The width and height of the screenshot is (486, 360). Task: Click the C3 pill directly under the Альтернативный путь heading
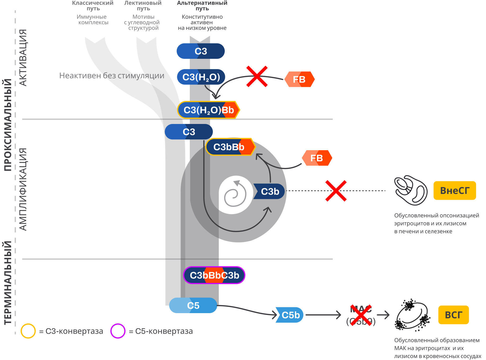200,51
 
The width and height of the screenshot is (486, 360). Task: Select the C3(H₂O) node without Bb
201,77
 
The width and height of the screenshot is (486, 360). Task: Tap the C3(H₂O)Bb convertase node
209,110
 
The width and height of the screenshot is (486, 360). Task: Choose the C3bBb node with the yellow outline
230,147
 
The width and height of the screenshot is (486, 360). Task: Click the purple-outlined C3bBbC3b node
214,275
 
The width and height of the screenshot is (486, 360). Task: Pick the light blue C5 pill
193,305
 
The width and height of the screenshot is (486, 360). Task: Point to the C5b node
290,315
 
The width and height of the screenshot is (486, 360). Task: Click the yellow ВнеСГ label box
454,190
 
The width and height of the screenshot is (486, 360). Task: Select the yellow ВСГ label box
453,315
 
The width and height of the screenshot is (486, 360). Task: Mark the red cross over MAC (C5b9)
361,315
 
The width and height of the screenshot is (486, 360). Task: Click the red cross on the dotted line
336,191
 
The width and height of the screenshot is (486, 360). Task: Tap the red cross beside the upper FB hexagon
257,77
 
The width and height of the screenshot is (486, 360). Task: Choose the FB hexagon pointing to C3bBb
317,158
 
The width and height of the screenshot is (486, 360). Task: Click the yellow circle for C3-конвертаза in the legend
28,331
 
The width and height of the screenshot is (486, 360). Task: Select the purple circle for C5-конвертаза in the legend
118,331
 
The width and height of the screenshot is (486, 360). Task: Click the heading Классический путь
93,6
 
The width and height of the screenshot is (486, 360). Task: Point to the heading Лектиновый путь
143,6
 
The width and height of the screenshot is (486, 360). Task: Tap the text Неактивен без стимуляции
112,76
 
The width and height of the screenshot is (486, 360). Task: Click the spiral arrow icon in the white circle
235,194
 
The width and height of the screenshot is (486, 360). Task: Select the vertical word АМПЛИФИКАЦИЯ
23,189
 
